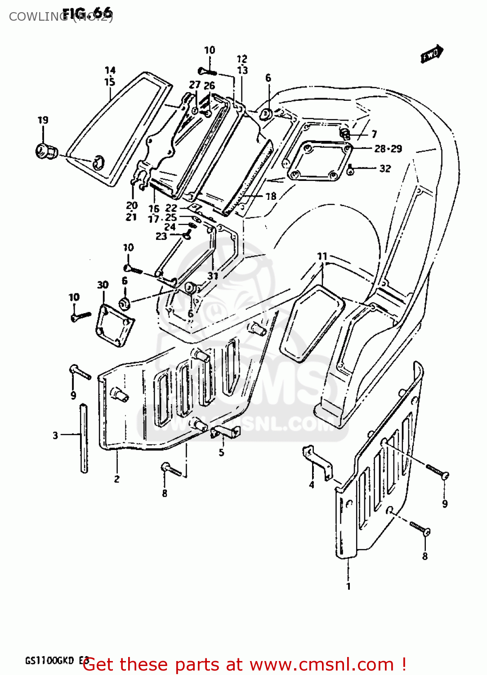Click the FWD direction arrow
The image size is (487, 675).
(x=432, y=54)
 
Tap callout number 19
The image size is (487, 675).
(x=43, y=120)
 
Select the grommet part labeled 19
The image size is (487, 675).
(x=45, y=151)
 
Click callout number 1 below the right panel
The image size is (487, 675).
(x=348, y=586)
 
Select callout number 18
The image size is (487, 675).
(x=271, y=196)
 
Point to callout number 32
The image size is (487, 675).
(x=385, y=168)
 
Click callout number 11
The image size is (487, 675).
(x=322, y=256)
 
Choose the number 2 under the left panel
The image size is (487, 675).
(x=116, y=479)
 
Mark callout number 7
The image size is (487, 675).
(x=374, y=134)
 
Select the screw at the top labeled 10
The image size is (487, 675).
(x=207, y=71)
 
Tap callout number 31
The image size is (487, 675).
(x=213, y=276)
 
